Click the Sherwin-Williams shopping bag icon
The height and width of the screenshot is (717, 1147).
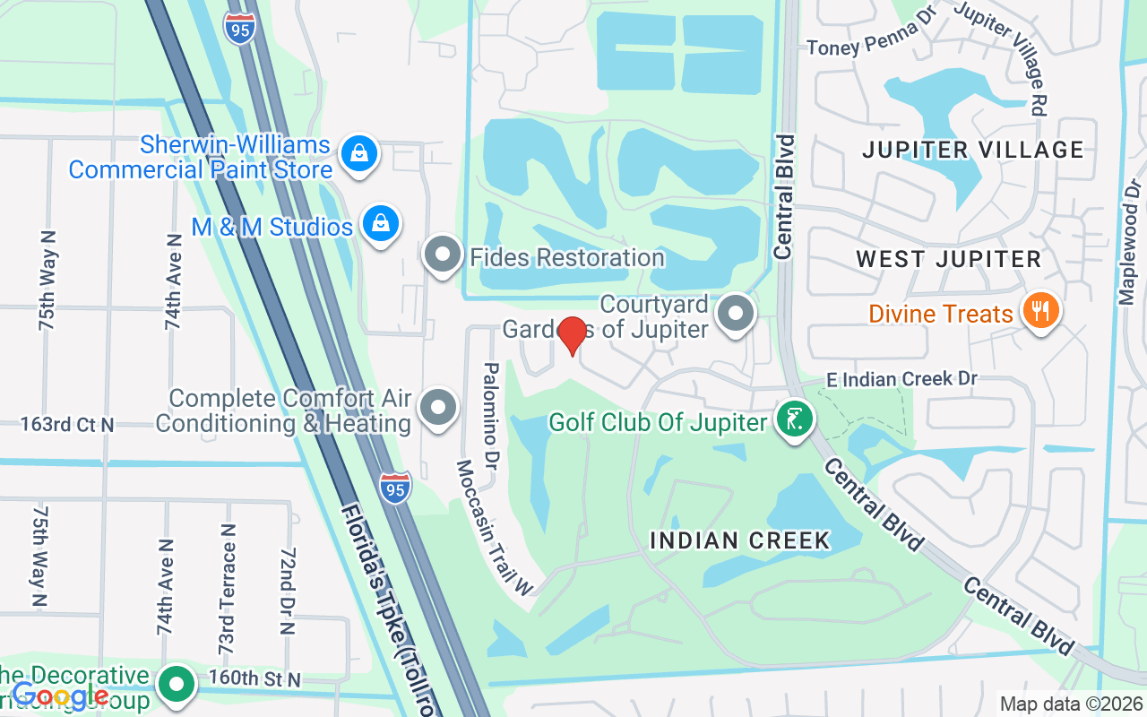click(358, 154)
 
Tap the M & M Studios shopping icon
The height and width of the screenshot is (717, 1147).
click(381, 223)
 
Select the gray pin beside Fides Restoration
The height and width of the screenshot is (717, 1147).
click(442, 255)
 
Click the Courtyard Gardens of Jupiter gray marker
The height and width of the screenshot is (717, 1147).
click(737, 314)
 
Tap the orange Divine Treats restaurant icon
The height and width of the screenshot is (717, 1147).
click(1040, 311)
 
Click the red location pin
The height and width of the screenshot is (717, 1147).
click(572, 335)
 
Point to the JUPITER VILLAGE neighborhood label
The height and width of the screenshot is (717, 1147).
click(973, 150)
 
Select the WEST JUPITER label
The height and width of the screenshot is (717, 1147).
click(948, 260)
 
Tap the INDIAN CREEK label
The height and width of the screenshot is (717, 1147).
click(740, 540)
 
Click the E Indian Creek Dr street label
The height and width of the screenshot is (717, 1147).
click(901, 379)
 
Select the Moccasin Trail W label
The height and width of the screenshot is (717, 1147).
click(495, 529)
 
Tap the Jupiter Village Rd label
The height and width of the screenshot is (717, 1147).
click(1004, 54)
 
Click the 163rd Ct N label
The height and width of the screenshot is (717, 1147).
click(67, 424)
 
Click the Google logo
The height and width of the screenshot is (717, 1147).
click(61, 695)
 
